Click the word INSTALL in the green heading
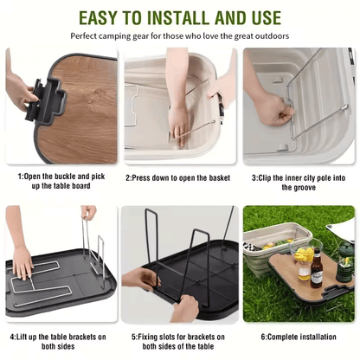coord(178,18)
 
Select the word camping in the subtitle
coord(115,36)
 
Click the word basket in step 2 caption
coord(220,178)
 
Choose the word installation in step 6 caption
coord(318,337)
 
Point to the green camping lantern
coord(345,262)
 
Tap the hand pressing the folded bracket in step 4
coord(22,262)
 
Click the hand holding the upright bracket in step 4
coord(88,213)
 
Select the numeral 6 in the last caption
coord(263,337)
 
